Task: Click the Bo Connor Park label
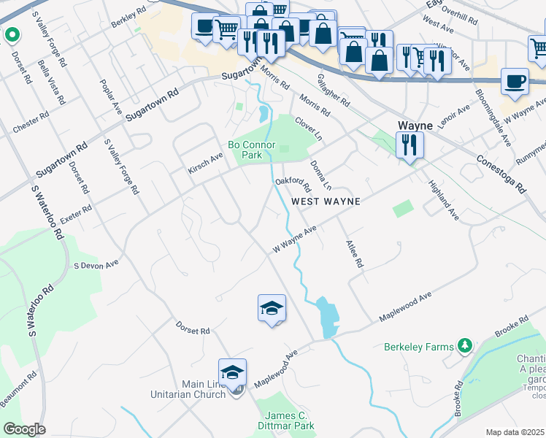[x=251, y=150]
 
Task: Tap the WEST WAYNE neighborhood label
[x=326, y=201]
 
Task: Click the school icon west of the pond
[x=272, y=308]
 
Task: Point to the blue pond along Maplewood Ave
[x=327, y=315]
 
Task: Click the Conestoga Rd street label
[x=501, y=173]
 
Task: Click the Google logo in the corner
[x=24, y=429]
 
